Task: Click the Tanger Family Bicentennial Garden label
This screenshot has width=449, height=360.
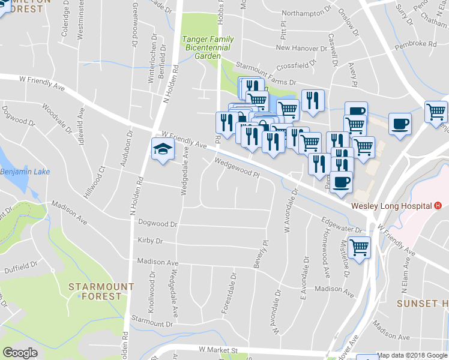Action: click(x=208, y=47)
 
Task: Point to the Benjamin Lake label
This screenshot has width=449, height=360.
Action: click(x=22, y=172)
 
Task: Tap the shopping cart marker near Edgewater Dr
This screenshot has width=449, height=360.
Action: click(x=359, y=247)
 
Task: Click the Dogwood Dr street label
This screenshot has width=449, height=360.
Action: click(x=158, y=224)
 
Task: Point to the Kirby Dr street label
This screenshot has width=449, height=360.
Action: click(x=150, y=241)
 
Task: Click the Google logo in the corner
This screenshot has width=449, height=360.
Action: click(x=20, y=353)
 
